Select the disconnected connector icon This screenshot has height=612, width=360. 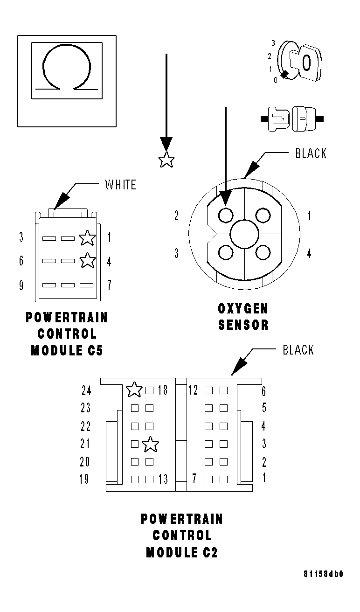292,119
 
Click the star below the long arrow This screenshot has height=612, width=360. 166,161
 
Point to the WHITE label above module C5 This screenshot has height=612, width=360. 120,185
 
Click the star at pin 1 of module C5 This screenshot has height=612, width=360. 87,238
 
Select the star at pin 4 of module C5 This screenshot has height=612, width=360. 87,260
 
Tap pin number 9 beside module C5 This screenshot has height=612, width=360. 21,285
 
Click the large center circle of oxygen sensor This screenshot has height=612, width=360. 245,234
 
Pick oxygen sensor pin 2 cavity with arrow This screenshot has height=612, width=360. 226,216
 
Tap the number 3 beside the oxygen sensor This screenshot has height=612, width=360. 176,253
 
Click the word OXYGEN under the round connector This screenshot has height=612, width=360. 243,309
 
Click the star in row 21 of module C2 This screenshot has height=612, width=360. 150,445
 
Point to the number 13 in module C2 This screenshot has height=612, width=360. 163,479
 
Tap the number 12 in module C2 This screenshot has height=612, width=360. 193,390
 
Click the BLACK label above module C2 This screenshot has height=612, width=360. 298,350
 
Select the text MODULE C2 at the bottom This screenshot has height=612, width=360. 181,553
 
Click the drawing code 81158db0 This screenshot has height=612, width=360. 323,574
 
